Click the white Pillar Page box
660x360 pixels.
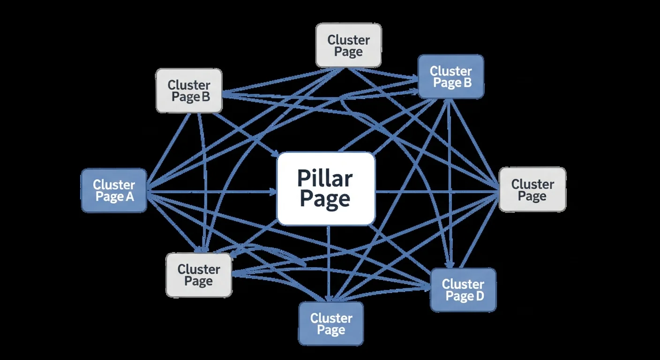326,188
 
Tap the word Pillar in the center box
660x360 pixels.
325,179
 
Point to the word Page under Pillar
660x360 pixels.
325,199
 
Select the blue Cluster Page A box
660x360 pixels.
114,190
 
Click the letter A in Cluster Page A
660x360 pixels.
129,197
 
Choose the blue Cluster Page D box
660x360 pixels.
463,290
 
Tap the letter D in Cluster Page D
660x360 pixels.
479,296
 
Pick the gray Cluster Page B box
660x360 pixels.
189,90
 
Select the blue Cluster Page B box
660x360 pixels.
450,77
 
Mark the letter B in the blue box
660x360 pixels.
467,83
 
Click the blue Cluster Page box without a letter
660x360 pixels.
331,323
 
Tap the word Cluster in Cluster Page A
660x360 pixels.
114,184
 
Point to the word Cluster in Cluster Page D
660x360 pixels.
463,284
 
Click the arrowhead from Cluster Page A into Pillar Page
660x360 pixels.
273,191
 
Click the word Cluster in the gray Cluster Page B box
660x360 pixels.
189,85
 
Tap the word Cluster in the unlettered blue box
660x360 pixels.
331,318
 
